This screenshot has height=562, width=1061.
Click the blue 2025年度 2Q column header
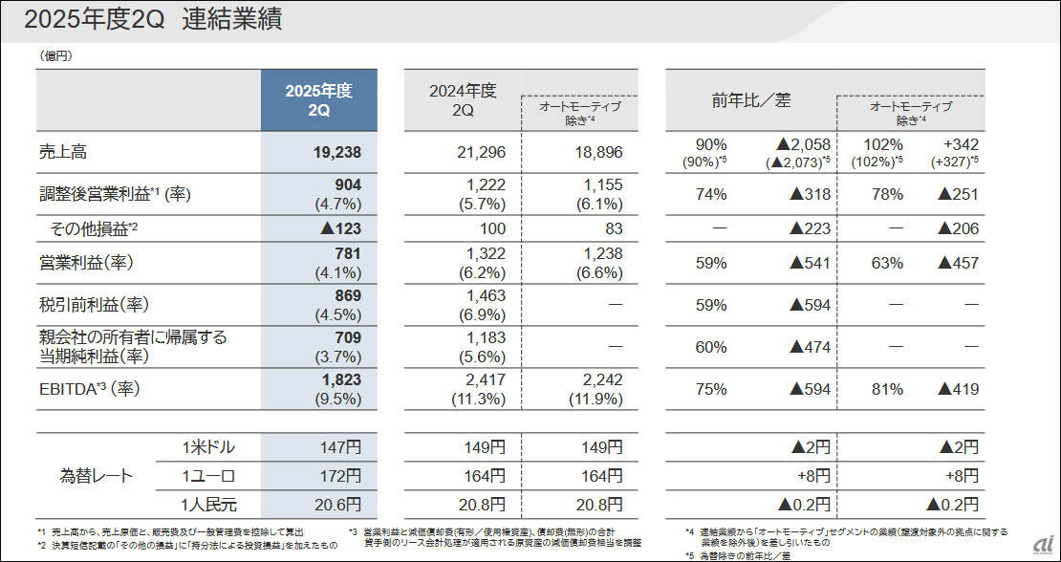click(318, 100)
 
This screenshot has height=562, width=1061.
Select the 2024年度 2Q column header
click(463, 100)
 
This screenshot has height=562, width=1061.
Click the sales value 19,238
click(336, 152)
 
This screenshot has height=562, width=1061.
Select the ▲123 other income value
click(339, 228)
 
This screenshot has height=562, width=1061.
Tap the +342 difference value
click(959, 144)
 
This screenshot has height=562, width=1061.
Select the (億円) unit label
click(56, 55)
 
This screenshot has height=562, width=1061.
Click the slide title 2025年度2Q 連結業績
click(153, 20)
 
